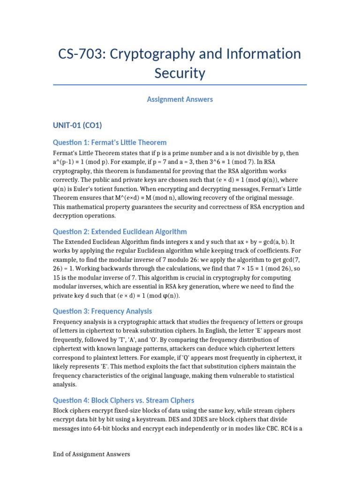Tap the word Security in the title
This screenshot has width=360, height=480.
[180, 73]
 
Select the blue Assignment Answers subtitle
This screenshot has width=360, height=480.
[180, 99]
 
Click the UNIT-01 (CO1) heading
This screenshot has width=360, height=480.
[77, 125]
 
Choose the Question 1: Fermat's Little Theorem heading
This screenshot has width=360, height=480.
[110, 142]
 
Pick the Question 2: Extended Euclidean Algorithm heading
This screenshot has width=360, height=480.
[120, 232]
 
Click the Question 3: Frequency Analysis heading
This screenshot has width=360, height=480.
[102, 311]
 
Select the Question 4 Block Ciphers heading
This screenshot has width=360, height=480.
[124, 400]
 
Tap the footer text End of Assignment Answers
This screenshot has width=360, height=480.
[91, 454]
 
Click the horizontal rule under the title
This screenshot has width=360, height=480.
[180, 85]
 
